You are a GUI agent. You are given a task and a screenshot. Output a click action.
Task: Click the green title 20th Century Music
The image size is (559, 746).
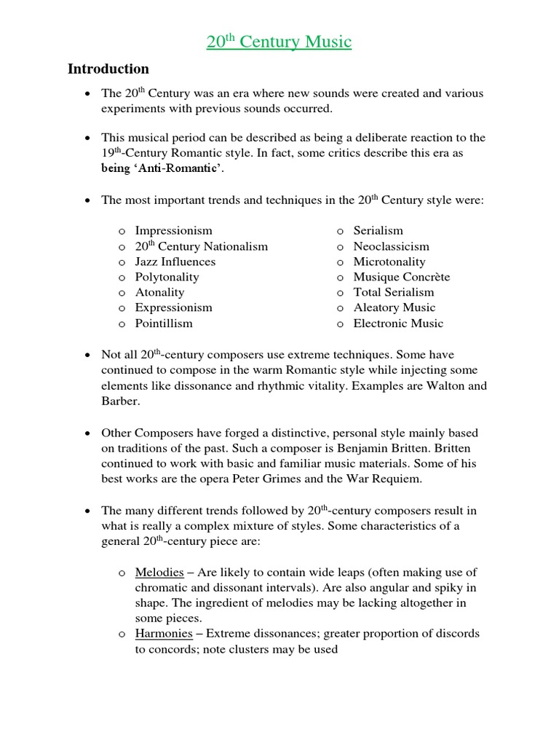279,42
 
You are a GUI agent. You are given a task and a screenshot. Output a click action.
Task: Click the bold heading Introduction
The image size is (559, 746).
108,69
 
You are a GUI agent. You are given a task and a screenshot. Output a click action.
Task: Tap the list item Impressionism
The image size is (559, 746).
173,231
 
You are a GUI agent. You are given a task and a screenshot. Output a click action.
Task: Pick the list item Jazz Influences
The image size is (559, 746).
175,262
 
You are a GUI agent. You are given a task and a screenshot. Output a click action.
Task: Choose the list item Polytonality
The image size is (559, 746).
167,277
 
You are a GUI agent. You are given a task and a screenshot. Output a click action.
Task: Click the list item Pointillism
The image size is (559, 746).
164,323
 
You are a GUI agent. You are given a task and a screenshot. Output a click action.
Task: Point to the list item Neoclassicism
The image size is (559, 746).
391,246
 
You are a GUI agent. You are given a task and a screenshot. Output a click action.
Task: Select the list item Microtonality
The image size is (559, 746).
389,262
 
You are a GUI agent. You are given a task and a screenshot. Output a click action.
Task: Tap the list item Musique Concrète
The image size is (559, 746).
401,277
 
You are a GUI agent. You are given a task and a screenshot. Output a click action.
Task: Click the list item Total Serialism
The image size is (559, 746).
393,292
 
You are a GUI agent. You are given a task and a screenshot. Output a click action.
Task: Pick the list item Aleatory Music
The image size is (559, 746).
394,307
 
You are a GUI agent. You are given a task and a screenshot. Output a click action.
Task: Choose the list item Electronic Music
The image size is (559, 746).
397,323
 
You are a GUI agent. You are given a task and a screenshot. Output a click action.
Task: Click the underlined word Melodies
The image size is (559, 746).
159,573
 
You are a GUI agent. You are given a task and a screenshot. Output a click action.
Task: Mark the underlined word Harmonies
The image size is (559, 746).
163,634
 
